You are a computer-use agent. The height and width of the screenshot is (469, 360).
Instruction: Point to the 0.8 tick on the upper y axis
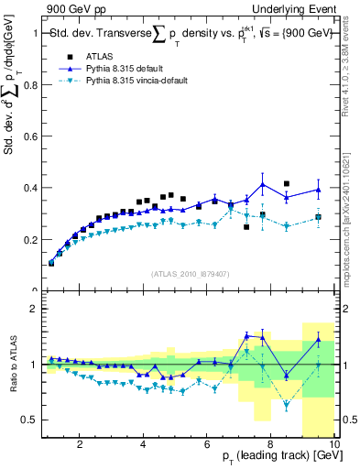(x=33, y=85)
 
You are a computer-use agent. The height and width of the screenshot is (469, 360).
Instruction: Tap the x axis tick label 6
(x=208, y=445)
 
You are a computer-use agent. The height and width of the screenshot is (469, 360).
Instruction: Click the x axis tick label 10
(x=333, y=445)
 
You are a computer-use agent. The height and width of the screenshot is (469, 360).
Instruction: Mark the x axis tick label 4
(x=144, y=445)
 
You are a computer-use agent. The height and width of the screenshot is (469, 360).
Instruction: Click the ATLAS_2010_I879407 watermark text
(x=190, y=274)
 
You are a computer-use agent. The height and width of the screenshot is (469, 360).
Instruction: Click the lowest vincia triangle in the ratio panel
(x=287, y=405)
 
